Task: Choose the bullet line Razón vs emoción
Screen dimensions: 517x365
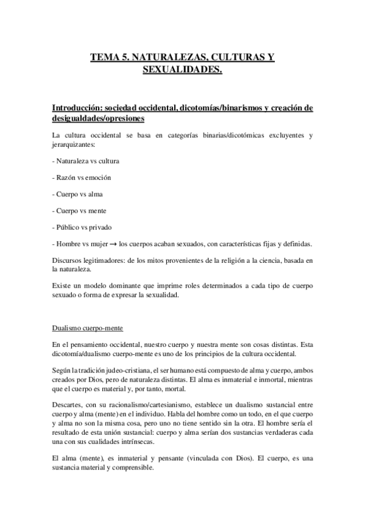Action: pyautogui.click(x=82, y=177)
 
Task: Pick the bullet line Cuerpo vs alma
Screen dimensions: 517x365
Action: pyautogui.click(x=78, y=194)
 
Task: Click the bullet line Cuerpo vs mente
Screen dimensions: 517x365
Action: pyautogui.click(x=80, y=210)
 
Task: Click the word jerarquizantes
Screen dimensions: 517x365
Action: pyautogui.click(x=74, y=144)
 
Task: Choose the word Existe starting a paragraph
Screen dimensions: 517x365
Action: pyautogui.click(x=62, y=284)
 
